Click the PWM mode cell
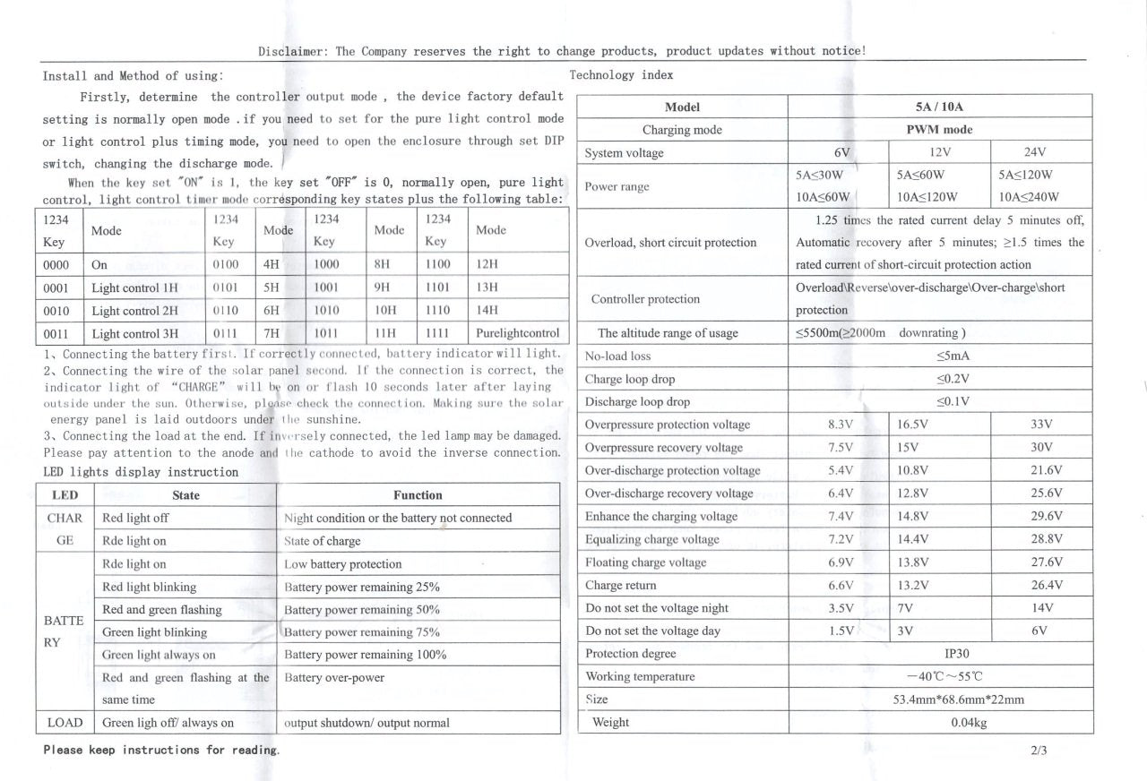(x=939, y=130)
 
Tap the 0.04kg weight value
(x=968, y=723)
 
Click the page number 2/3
(x=1039, y=751)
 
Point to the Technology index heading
(x=621, y=75)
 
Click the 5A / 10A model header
(x=939, y=107)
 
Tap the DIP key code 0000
(x=57, y=265)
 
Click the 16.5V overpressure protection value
(x=913, y=425)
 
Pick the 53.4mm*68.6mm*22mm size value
(x=958, y=699)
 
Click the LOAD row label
(x=65, y=723)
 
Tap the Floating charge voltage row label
(x=645, y=562)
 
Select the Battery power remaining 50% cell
(x=362, y=610)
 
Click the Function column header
(x=418, y=495)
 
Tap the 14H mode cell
(x=487, y=311)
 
